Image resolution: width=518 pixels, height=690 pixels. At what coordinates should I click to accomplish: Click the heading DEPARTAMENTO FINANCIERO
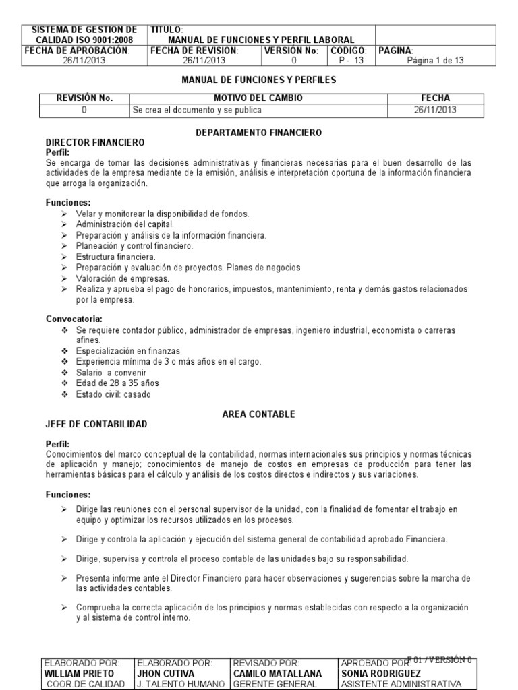258,133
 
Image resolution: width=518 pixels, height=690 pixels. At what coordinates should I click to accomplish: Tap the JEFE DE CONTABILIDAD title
96,424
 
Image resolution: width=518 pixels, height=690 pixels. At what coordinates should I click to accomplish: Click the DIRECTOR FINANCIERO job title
95,143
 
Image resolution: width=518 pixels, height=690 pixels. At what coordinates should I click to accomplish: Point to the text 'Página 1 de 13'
435,60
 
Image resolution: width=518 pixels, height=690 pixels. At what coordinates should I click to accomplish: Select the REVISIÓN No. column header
84,98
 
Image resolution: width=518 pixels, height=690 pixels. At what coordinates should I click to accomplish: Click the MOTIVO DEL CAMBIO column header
258,98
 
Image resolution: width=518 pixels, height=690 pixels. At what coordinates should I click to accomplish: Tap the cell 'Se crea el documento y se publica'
197,109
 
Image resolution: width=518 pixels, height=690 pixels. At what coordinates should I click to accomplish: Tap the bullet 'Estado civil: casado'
113,394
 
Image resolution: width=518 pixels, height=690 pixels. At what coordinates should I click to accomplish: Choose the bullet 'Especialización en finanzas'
128,351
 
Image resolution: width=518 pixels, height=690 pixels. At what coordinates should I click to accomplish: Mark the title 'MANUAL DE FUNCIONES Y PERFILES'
259,80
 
